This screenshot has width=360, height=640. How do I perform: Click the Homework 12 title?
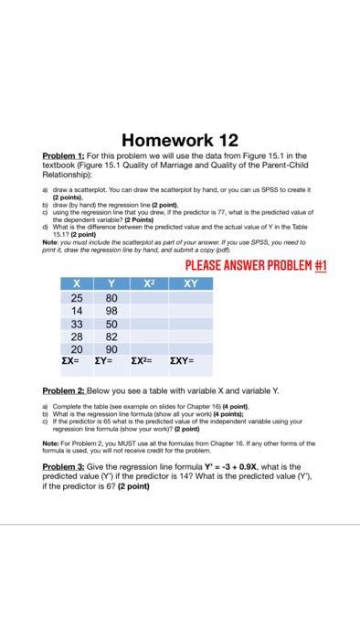coord(180,140)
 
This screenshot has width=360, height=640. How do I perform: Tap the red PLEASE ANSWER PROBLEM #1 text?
coord(256,266)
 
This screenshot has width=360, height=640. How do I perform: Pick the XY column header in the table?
coord(190,283)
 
